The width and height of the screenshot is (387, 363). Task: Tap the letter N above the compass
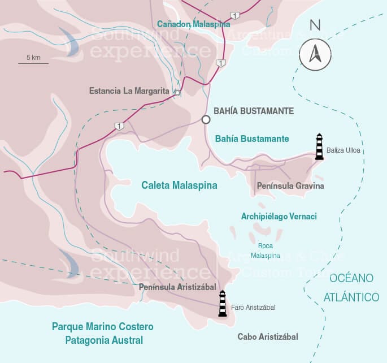(315, 25)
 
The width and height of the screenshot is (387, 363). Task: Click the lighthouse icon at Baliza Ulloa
(319, 146)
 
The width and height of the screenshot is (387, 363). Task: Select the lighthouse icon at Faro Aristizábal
(223, 304)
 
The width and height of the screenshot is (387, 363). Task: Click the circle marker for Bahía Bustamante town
(206, 119)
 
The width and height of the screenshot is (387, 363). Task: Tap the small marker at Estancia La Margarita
(177, 93)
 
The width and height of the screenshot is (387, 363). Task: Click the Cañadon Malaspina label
(193, 24)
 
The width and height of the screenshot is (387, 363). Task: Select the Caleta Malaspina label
(179, 185)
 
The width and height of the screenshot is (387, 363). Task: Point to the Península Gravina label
(290, 185)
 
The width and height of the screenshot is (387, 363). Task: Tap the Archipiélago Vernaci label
(279, 217)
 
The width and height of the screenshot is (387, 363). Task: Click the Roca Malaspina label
(266, 250)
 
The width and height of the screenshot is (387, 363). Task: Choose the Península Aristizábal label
(179, 287)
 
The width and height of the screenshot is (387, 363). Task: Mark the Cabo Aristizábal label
(267, 337)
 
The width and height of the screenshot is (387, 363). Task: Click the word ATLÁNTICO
(351, 297)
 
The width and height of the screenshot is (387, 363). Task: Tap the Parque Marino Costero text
(102, 327)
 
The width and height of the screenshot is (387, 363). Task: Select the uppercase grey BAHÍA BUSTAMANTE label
(254, 111)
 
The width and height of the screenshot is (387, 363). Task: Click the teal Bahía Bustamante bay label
(252, 139)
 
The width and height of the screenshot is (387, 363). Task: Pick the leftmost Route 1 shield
(119, 126)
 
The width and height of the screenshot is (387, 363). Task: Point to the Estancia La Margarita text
(129, 90)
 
